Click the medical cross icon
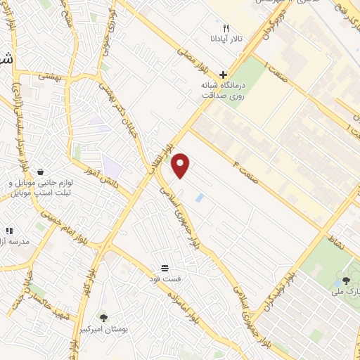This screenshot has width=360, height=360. click(x=223, y=75)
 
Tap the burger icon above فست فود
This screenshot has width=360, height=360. click(x=165, y=268)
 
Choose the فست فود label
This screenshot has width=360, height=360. click(x=169, y=279)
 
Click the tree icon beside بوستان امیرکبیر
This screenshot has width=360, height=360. click(x=104, y=317)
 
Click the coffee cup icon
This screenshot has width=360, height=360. click(x=41, y=172)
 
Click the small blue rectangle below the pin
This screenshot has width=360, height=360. click(x=199, y=198)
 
